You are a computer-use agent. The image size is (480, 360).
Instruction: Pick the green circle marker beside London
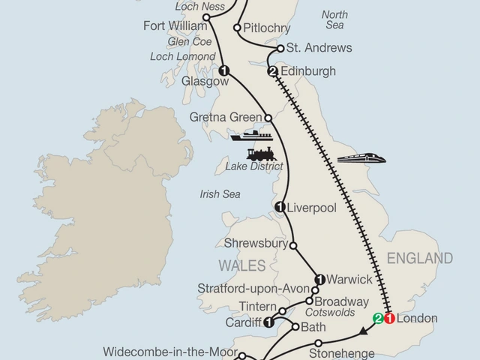pyautogui.click(x=378, y=318)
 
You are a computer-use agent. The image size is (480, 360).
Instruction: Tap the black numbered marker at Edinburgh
pyautogui.click(x=273, y=72)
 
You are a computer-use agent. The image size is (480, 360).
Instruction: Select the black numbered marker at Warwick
pyautogui.click(x=319, y=279)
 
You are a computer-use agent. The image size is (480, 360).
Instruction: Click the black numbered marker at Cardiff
pyautogui.click(x=268, y=322)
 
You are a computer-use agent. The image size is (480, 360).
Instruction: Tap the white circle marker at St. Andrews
pyautogui.click(x=280, y=48)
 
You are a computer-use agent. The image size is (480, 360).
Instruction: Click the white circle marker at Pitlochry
pyautogui.click(x=238, y=28)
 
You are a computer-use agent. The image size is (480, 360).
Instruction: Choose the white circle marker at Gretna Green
pyautogui.click(x=268, y=118)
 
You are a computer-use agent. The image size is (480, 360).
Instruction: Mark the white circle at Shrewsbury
pyautogui.click(x=293, y=244)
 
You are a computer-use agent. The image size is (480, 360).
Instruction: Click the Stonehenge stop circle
pyautogui.click(x=318, y=343)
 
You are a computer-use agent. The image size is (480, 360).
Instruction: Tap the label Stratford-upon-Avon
pyautogui.click(x=247, y=289)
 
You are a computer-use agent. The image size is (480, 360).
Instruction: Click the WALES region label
pyautogui.click(x=242, y=265)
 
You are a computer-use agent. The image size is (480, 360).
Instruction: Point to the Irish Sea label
pyautogui.click(x=220, y=194)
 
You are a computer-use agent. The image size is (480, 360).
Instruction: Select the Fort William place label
pyautogui.click(x=174, y=28)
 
